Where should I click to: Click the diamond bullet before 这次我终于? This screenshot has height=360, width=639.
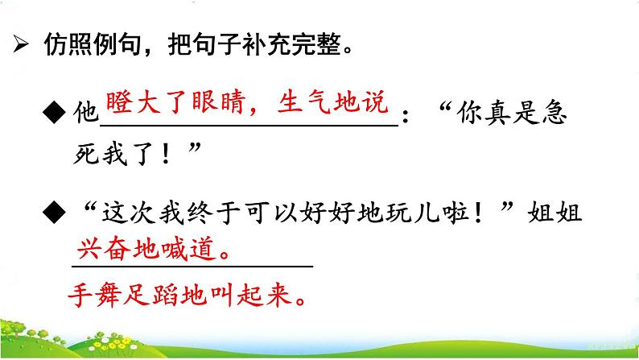coord(60,217)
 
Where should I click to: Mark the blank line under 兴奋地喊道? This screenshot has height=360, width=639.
coord(193,265)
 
